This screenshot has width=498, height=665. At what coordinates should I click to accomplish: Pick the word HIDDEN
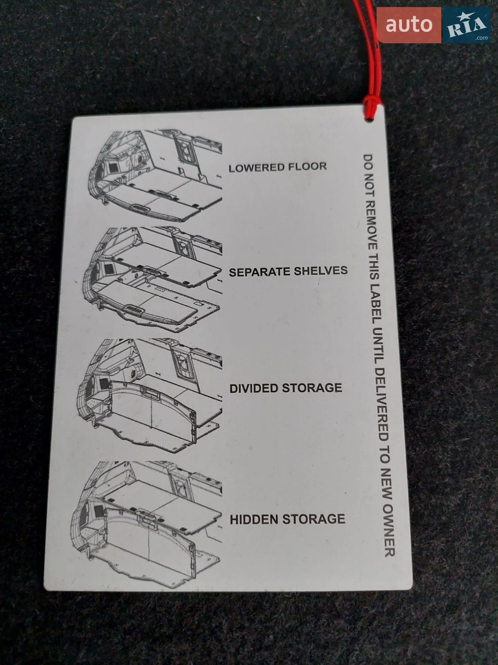point(254,520)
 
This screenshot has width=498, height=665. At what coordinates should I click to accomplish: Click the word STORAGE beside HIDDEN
point(314,519)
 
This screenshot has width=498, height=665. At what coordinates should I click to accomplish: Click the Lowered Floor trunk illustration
point(155,175)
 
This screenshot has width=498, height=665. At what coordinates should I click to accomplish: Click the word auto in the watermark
point(409,25)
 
